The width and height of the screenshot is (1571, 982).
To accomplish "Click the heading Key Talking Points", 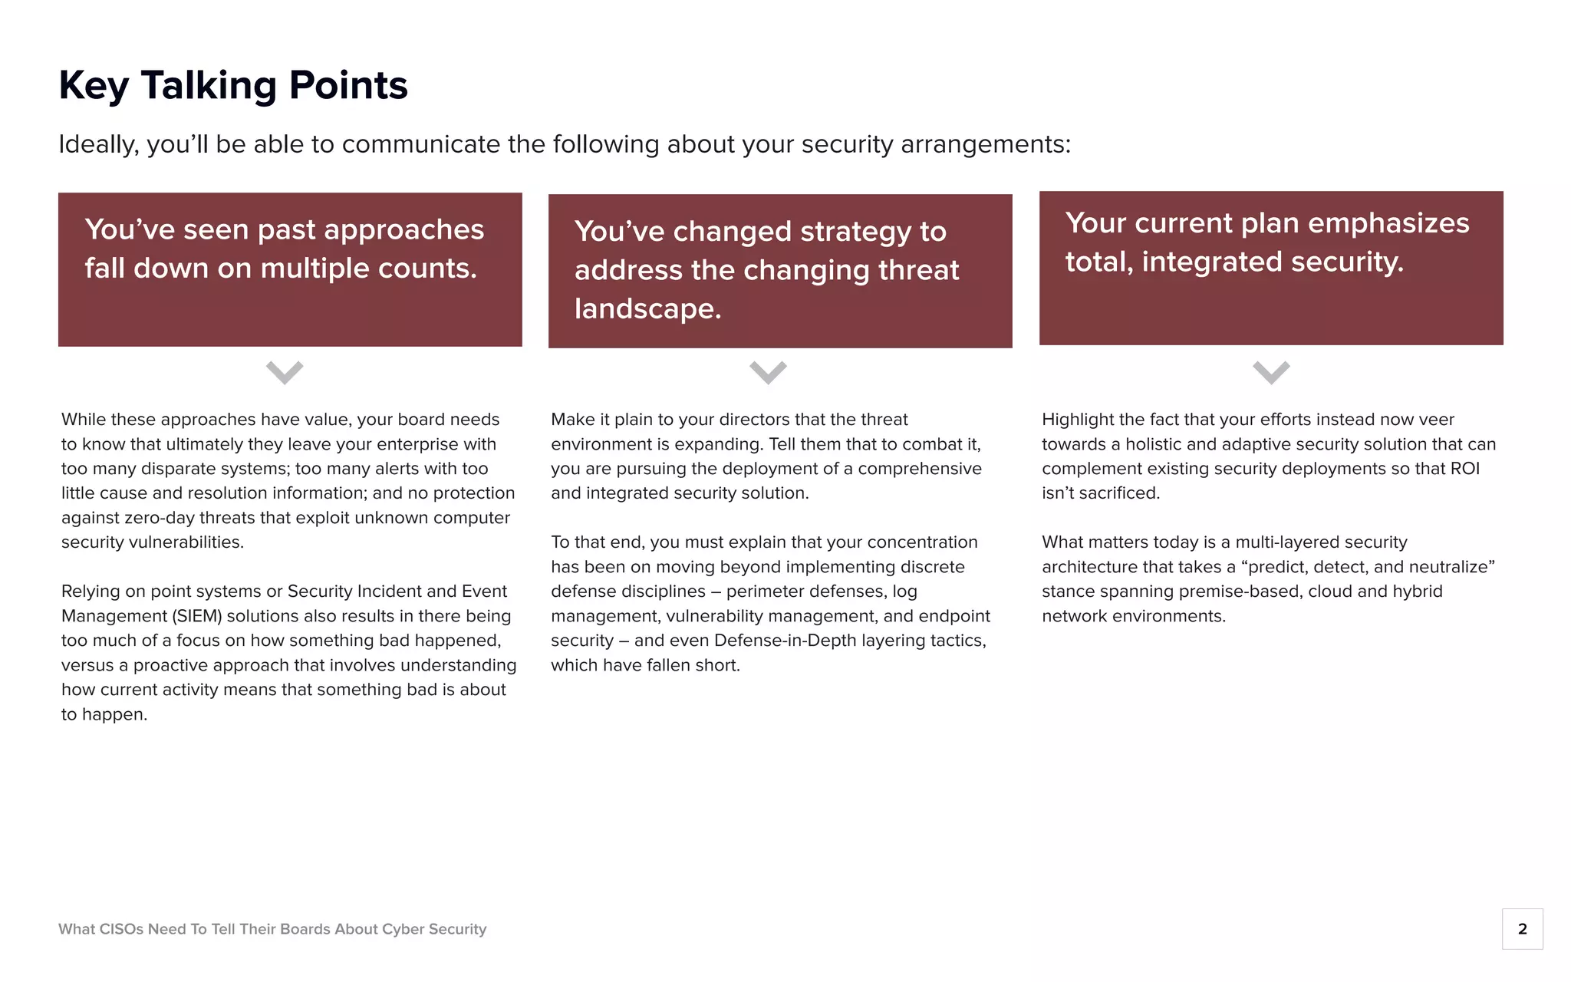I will [233, 85].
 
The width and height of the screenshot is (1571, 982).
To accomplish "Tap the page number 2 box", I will [1522, 929].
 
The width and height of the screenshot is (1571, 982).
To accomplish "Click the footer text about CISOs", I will [272, 929].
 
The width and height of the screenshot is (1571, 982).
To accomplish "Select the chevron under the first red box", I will [285, 372].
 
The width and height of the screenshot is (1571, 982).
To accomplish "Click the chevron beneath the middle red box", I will [768, 372].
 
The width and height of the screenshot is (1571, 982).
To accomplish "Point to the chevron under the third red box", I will [1271, 372].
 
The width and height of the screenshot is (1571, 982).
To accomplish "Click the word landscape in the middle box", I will [647, 308].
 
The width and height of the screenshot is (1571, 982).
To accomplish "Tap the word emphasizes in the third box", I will [1388, 223].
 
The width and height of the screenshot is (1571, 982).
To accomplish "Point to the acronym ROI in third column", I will [1464, 469].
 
